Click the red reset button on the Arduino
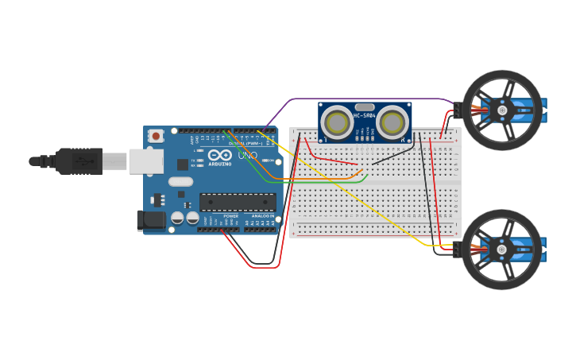pos(156,136)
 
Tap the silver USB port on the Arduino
pos(145,161)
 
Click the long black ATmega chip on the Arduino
pos(238,203)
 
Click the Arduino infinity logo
pos(220,154)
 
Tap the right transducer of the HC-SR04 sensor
pos(392,122)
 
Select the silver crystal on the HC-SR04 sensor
pos(365,106)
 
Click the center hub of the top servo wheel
pos(502,110)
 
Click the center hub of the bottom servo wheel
pos(502,250)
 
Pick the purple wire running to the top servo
pos(358,99)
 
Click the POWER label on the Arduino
pos(230,215)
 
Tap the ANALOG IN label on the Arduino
pos(262,215)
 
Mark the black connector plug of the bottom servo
pos(457,250)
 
